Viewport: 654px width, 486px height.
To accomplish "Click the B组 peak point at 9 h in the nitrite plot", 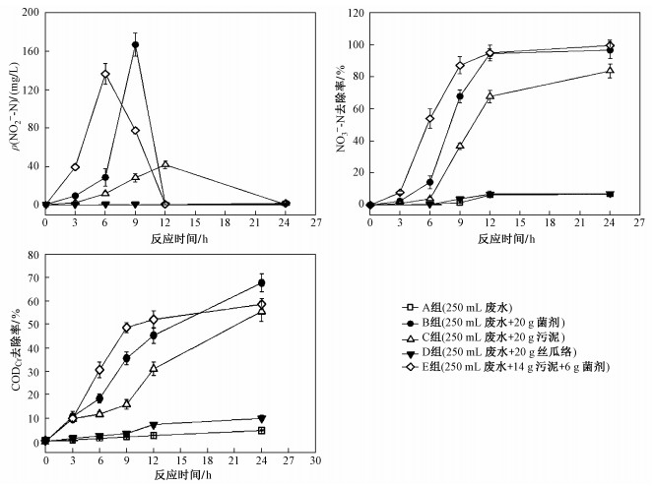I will (135, 45).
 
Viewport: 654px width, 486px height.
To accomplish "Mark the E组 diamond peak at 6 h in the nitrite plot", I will (105, 74).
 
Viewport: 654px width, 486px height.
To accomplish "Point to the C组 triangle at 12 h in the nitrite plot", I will (165, 164).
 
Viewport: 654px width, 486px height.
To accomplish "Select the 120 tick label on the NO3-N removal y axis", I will (352, 13).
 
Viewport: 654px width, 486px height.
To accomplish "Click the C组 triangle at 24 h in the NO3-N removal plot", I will (610, 71).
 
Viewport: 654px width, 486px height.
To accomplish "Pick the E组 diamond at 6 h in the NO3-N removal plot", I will (429, 119).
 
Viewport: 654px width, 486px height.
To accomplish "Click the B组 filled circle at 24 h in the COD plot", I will (261, 283).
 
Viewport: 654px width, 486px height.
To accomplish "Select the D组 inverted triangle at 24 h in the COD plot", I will (261, 419).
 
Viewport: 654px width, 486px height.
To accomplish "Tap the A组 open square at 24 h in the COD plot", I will (261, 430).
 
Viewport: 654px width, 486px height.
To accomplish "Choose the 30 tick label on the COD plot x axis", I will (314, 459).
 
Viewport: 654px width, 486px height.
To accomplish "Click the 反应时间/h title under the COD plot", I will (178, 475).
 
